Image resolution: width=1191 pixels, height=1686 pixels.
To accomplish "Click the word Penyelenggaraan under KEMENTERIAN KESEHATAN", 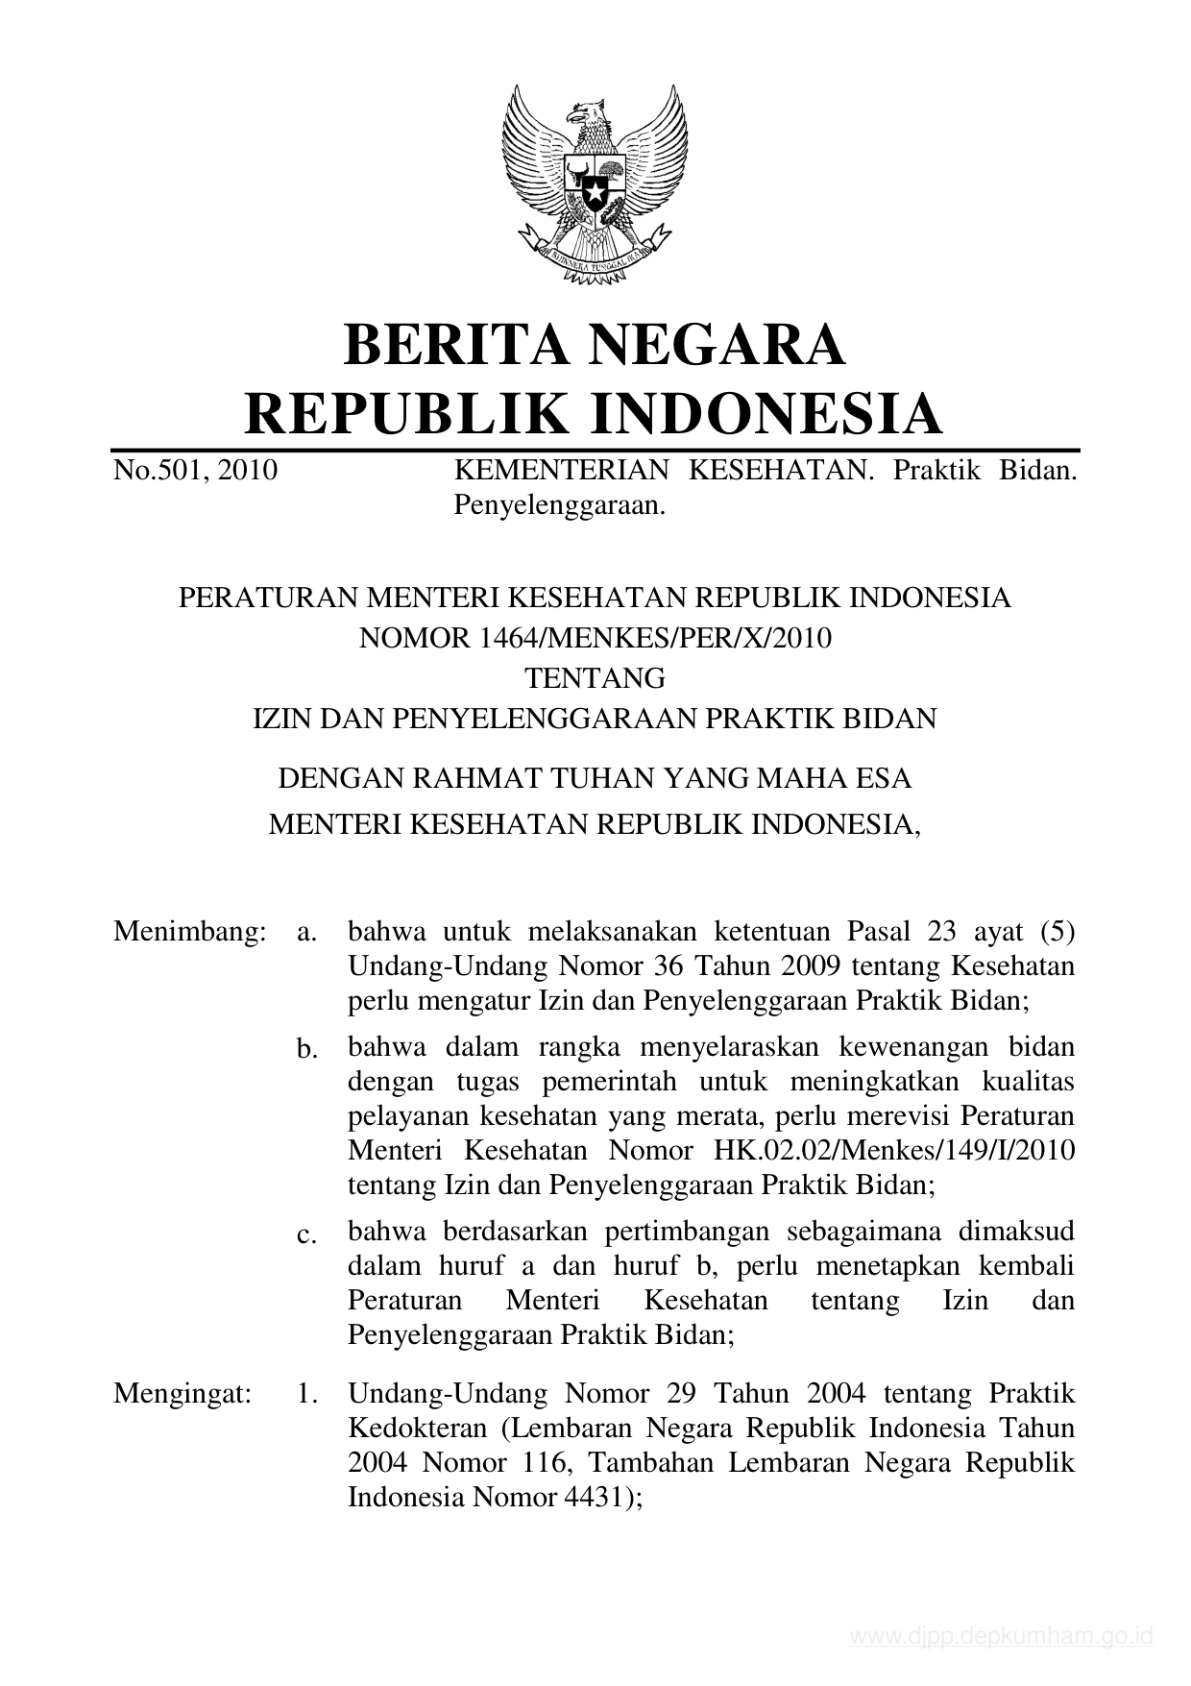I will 559,505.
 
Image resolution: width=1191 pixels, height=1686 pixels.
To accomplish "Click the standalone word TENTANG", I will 595,678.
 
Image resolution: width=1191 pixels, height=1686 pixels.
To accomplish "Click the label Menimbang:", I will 189,931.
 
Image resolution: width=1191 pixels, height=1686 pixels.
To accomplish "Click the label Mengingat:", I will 182,1393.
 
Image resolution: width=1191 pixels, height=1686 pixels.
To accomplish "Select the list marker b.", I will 307,1050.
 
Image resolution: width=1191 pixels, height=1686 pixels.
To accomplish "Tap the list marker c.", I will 307,1234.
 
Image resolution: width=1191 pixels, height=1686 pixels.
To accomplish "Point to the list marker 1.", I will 307,1393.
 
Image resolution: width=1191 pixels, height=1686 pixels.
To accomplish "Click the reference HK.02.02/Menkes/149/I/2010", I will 895,1150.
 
